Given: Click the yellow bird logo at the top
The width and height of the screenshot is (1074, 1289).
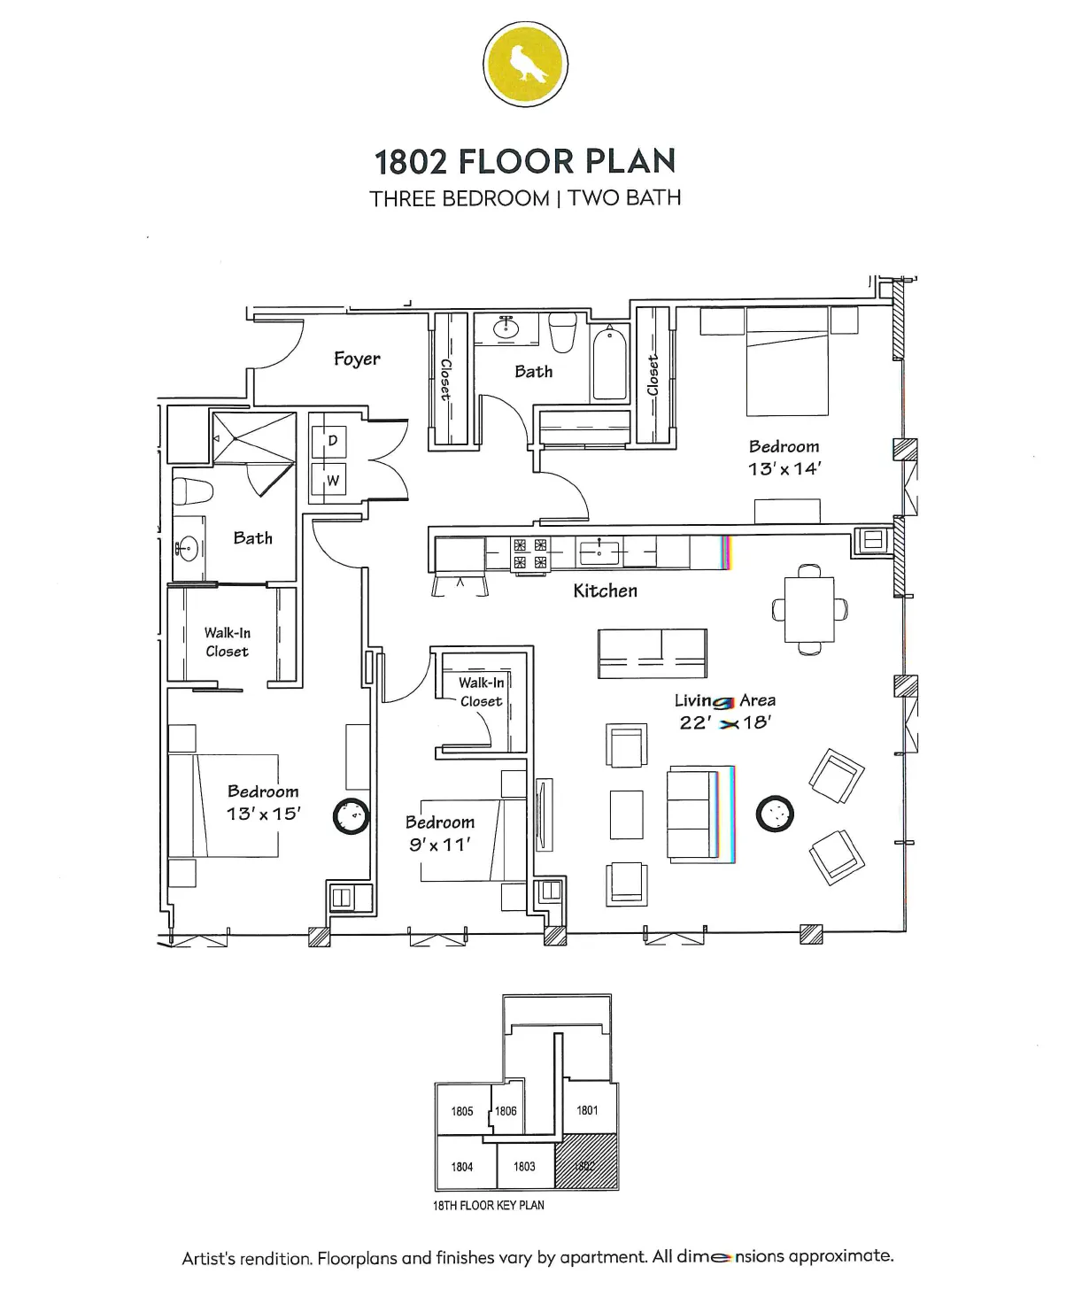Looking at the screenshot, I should (525, 65).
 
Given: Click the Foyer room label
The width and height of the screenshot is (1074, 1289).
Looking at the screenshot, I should (357, 359).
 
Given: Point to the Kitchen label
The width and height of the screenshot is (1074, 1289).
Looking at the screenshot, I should (605, 590).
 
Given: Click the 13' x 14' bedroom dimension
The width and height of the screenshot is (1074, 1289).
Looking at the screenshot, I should (784, 469).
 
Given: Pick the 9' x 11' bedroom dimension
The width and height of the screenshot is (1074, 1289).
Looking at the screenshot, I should (439, 845).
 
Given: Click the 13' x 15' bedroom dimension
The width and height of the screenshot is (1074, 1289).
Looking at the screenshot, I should (263, 814).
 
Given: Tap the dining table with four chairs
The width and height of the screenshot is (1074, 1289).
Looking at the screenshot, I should (809, 609).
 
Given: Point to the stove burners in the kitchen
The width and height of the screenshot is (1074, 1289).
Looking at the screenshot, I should (530, 553).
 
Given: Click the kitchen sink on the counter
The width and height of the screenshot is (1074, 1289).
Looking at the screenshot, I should (599, 552).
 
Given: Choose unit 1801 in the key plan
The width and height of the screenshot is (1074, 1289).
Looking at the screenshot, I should (587, 1110).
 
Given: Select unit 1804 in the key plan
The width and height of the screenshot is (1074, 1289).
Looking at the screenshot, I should (462, 1167).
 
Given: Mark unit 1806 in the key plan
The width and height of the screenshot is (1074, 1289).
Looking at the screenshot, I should (506, 1111).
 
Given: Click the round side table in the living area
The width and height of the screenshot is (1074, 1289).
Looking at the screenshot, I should (775, 814).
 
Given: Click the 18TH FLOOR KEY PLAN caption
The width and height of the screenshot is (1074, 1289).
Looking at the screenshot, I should (489, 1205).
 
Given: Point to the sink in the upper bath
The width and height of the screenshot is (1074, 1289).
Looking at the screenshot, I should (506, 328).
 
